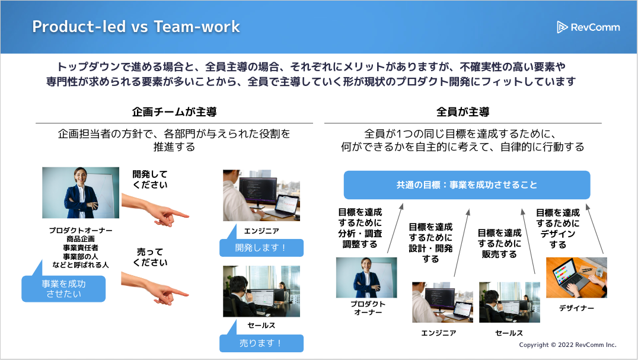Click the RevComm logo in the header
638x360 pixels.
(588, 27)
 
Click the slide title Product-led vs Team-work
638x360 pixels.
(136, 27)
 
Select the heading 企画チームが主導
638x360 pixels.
(174, 112)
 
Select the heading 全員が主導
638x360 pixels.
(462, 112)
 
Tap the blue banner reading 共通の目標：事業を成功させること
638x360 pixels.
(467, 185)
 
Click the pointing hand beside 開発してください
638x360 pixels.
(155, 209)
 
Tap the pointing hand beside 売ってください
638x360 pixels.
(155, 288)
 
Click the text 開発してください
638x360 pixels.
(150, 179)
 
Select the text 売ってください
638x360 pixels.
(150, 257)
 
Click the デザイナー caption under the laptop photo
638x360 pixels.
(576, 308)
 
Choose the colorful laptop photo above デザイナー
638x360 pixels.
(576, 278)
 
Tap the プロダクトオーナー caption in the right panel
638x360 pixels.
(368, 308)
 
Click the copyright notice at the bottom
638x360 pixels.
(567, 345)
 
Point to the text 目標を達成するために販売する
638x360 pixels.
(499, 244)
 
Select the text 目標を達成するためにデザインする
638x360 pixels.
(558, 228)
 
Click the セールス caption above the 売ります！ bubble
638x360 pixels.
(261, 326)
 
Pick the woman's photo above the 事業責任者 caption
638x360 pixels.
(81, 193)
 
